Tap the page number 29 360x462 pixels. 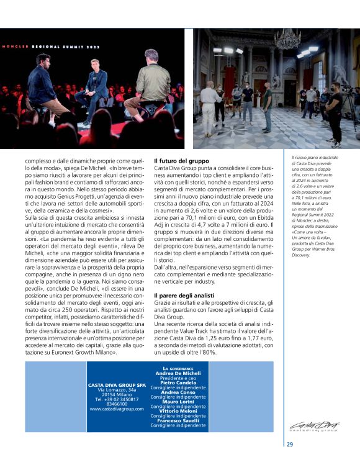[x=290, y=443]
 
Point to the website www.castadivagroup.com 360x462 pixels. [x=117, y=409]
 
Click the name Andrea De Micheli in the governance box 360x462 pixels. [x=178, y=373]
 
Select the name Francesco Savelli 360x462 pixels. [x=178, y=420]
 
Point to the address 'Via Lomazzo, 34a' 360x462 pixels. [x=117, y=389]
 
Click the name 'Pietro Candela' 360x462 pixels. [x=178, y=383]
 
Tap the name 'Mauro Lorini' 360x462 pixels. [x=178, y=402]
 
